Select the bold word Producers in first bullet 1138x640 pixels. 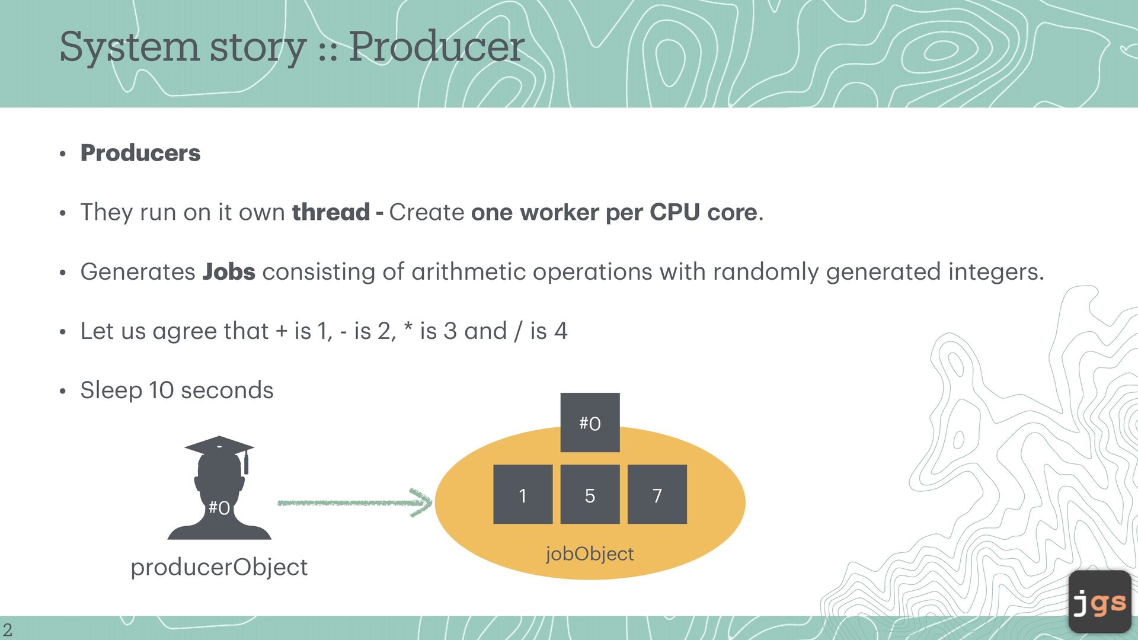pos(140,153)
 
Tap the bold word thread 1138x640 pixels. pos(331,212)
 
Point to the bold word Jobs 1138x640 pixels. pos(229,271)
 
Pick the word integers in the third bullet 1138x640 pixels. pos(995,271)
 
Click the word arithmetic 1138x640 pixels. pos(468,271)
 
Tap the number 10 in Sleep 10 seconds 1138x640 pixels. pos(161,390)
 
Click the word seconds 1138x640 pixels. pos(227,390)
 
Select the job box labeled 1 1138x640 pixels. pos(523,494)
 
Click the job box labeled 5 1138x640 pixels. pos(590,494)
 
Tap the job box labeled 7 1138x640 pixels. pos(657,494)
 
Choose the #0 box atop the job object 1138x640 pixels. pos(590,423)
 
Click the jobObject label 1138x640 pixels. pos(590,553)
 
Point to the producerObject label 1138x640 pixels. pos(219,567)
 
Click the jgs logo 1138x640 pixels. pos(1099,602)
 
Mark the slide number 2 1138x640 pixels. pos(8,629)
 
